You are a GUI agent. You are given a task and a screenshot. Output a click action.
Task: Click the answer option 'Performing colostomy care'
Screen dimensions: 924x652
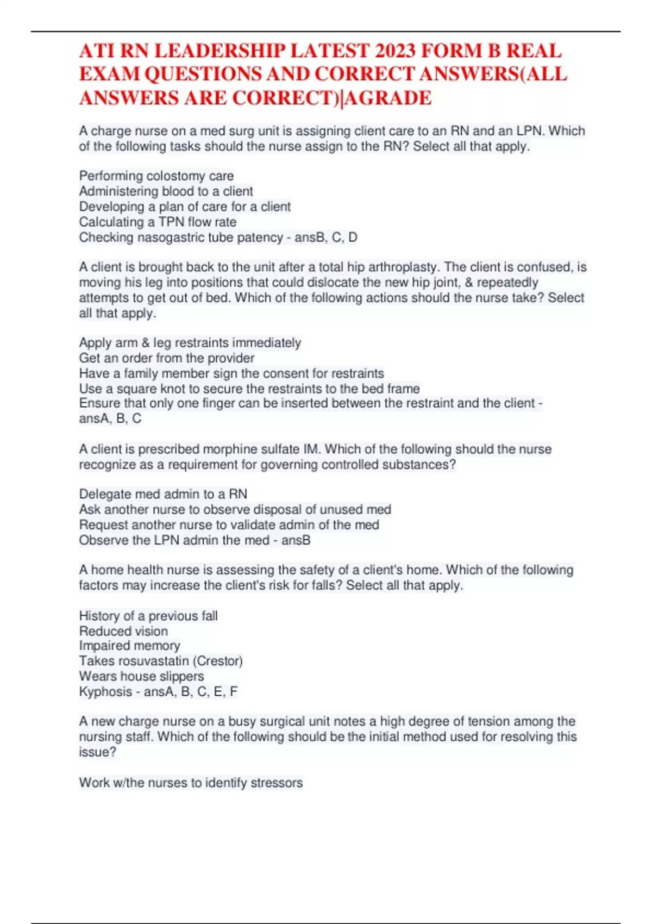156,176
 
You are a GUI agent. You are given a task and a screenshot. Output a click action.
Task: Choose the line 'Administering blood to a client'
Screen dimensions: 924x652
166,191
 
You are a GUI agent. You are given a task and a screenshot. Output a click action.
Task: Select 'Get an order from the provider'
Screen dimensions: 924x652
167,358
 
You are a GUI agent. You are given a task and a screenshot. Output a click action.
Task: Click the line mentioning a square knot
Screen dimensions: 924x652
249,389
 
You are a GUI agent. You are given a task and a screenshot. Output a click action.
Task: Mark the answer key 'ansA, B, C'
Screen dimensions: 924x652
110,419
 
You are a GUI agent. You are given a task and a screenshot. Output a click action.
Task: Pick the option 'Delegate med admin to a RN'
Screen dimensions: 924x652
163,494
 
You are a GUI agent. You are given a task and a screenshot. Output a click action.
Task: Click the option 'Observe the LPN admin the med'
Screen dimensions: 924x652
174,540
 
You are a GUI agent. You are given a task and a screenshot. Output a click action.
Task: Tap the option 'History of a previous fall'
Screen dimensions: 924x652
148,616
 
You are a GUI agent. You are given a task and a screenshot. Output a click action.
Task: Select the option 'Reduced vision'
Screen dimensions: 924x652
123,631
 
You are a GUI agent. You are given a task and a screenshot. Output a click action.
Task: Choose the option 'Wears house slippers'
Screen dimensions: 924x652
142,676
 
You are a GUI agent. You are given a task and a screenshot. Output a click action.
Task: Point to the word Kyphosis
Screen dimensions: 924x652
105,692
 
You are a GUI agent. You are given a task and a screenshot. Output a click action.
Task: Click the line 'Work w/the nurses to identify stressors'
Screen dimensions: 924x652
191,783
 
